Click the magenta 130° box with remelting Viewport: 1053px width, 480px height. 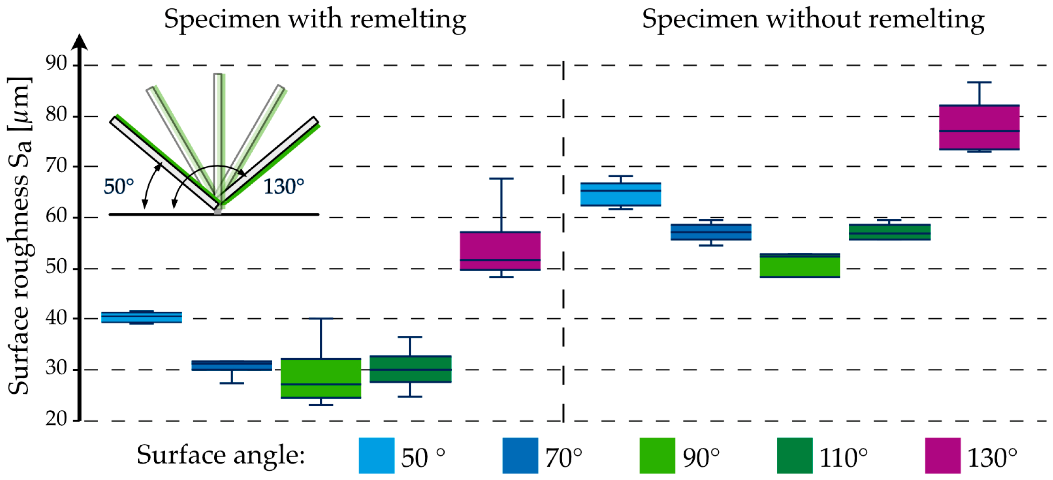coord(500,251)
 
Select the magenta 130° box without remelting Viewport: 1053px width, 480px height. coord(979,127)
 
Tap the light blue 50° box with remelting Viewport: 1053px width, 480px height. coord(141,317)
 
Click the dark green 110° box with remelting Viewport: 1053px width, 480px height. coord(410,369)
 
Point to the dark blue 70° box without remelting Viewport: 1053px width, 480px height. coord(711,232)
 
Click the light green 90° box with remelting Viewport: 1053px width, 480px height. coord(321,378)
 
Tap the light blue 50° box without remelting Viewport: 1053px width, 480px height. coord(621,195)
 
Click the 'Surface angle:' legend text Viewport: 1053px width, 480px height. coord(221,455)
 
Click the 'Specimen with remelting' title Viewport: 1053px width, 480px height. coord(315,19)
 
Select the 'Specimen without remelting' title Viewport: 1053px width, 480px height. coord(813,19)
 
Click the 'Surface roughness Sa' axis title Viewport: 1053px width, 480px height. coord(19,235)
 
